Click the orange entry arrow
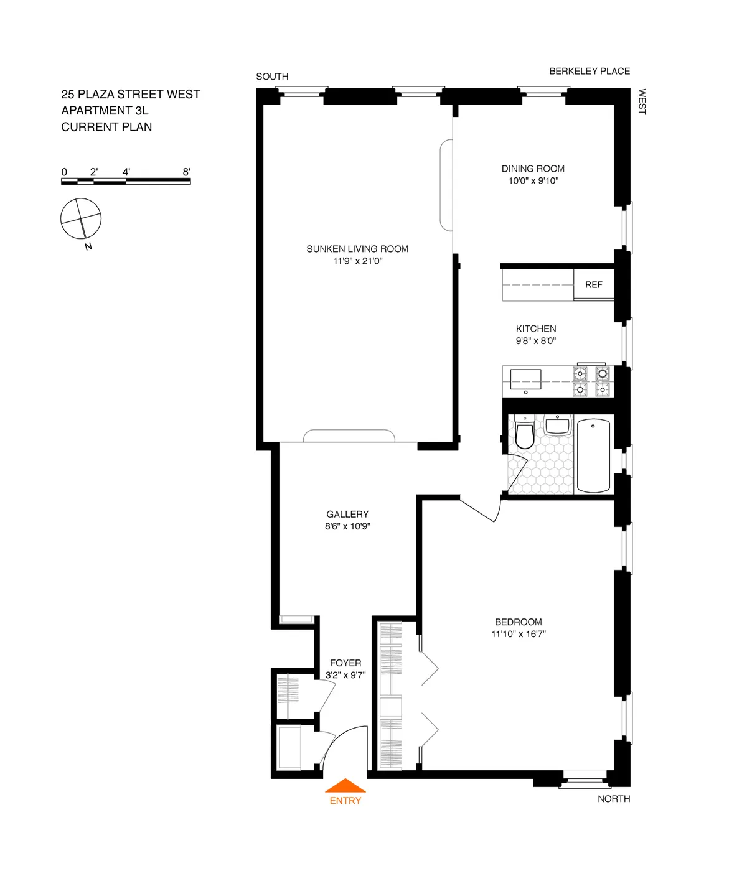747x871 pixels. pos(345,786)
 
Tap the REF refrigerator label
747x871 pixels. pos(593,285)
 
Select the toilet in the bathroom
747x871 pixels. pos(525,434)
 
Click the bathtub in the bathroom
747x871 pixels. pos(593,455)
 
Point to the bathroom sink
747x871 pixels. pos(558,426)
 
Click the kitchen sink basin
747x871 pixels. pos(525,378)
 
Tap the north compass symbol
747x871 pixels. pos(81,218)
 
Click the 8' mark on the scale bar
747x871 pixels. pos(186,172)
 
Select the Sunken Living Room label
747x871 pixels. pos(357,249)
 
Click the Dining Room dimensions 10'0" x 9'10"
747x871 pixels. pos(533,181)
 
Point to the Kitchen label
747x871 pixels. pos(536,328)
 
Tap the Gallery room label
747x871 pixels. pos(347,514)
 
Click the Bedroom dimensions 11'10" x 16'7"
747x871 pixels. pos(519,634)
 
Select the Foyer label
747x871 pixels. pos(345,663)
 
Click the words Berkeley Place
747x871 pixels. pos(590,71)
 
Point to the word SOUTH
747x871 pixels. pos(272,77)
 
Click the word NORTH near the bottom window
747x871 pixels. pos(614,799)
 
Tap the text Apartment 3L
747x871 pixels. pos(105,111)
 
